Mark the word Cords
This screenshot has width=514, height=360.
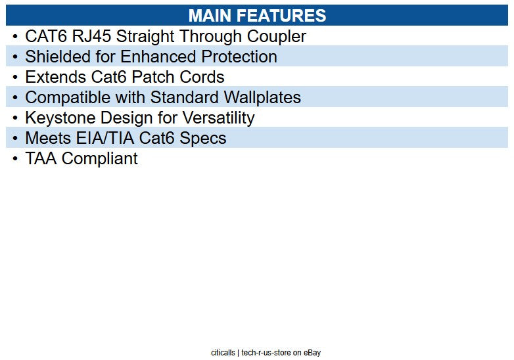tap(203, 77)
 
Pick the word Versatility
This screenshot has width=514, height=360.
tap(218, 118)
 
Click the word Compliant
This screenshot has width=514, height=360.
tap(99, 158)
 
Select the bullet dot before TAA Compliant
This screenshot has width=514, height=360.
tap(15, 159)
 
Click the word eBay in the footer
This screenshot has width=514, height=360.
tap(312, 353)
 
